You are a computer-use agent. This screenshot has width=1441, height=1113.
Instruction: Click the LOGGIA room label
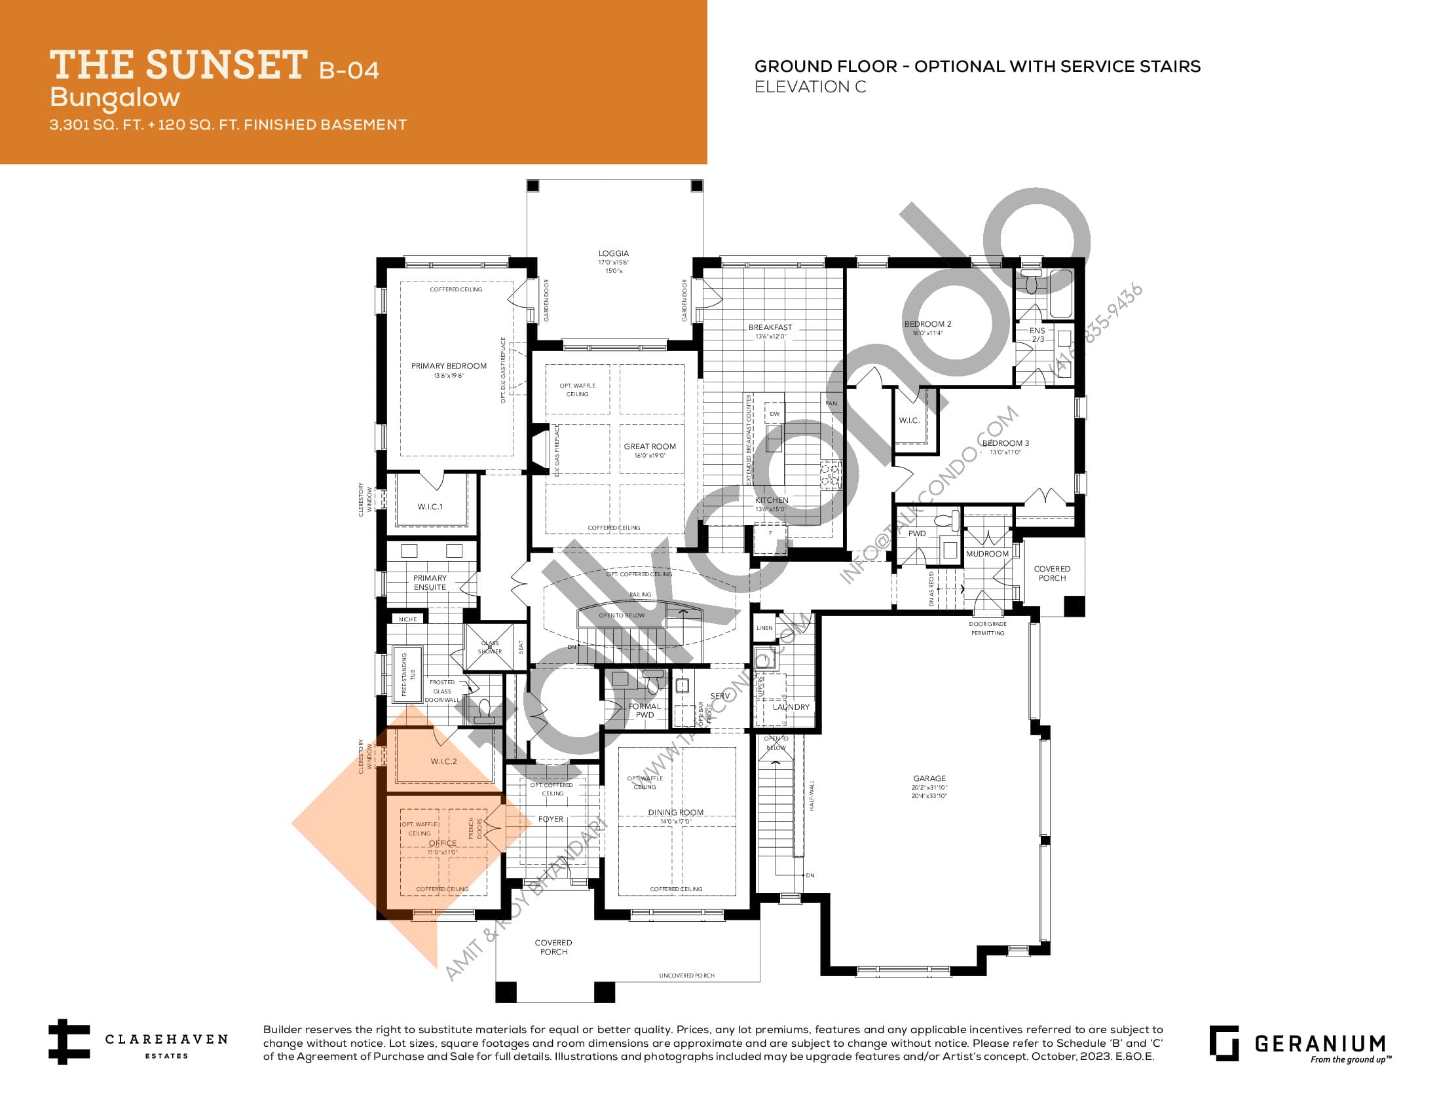tap(613, 253)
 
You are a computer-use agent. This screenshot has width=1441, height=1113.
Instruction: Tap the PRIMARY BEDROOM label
tap(449, 366)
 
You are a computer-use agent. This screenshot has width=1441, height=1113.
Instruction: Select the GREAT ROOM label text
tap(649, 447)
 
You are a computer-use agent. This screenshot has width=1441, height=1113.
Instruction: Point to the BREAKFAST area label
tap(770, 327)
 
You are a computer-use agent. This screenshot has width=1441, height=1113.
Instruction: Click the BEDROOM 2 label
tap(927, 323)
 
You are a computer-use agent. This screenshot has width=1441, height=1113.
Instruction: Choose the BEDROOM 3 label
tap(1005, 443)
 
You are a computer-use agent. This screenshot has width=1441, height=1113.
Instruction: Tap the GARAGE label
tap(929, 778)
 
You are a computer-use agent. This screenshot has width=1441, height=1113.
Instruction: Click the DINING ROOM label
tap(676, 812)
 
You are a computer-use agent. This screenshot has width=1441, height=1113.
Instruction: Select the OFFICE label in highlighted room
tap(442, 843)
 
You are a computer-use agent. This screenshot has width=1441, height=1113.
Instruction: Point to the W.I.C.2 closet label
tap(443, 761)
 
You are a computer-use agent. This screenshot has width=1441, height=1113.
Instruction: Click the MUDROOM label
tap(987, 554)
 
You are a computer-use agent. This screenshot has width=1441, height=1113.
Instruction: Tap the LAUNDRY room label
tap(791, 707)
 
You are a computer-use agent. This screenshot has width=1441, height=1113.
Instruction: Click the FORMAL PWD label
tap(645, 710)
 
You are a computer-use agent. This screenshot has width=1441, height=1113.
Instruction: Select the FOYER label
tap(550, 819)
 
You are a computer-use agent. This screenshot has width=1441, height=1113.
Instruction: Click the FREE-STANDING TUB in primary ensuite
tap(407, 673)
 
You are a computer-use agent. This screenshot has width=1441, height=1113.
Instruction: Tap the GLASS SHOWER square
tap(489, 647)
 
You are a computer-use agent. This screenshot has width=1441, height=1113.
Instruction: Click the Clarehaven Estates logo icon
tap(68, 1042)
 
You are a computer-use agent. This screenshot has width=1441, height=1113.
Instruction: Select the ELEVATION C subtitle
tap(810, 87)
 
